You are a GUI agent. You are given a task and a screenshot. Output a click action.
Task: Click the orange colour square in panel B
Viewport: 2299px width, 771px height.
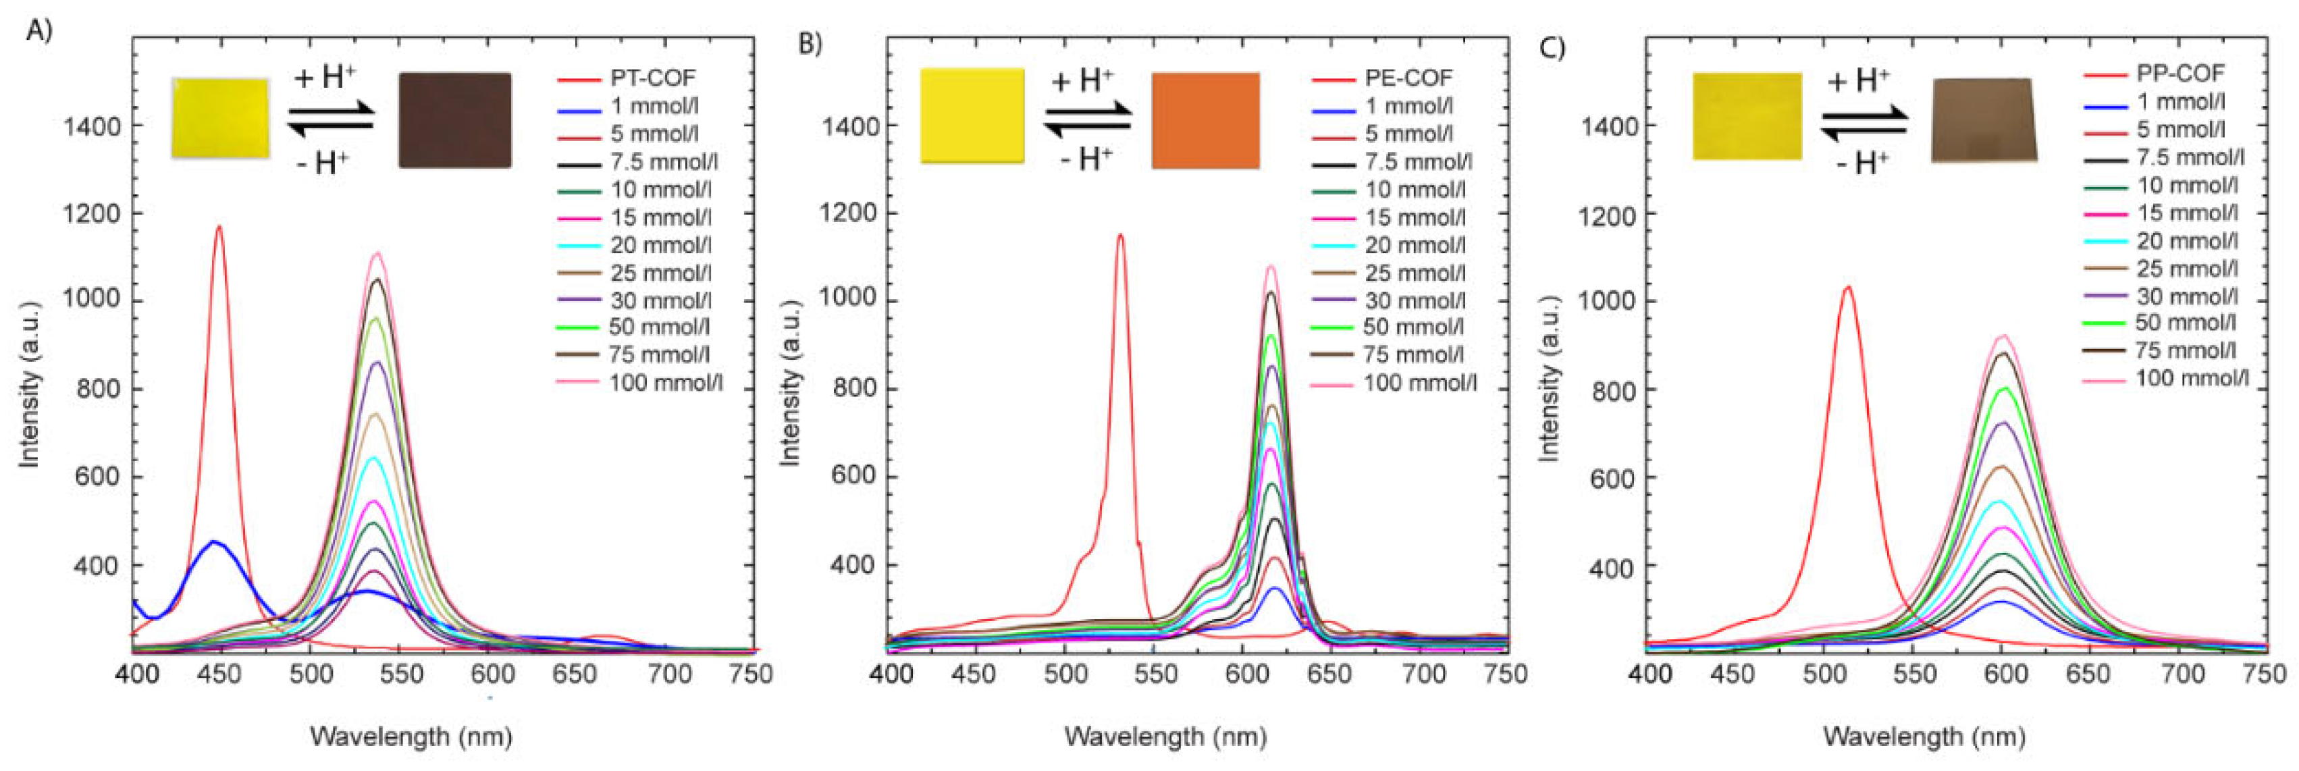click(1205, 120)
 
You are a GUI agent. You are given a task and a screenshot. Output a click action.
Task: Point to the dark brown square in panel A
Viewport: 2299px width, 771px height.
click(454, 120)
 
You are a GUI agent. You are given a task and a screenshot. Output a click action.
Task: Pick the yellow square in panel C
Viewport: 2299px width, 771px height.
click(1747, 117)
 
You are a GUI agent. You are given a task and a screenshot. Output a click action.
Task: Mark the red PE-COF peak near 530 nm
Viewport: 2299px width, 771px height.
click(1120, 236)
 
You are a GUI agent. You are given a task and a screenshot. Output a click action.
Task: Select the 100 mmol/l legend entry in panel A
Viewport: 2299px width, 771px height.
click(665, 383)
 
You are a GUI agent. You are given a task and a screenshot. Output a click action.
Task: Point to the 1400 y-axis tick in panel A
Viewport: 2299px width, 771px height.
click(91, 126)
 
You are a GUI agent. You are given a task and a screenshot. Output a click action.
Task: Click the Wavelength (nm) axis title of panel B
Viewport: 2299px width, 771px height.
click(1165, 737)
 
